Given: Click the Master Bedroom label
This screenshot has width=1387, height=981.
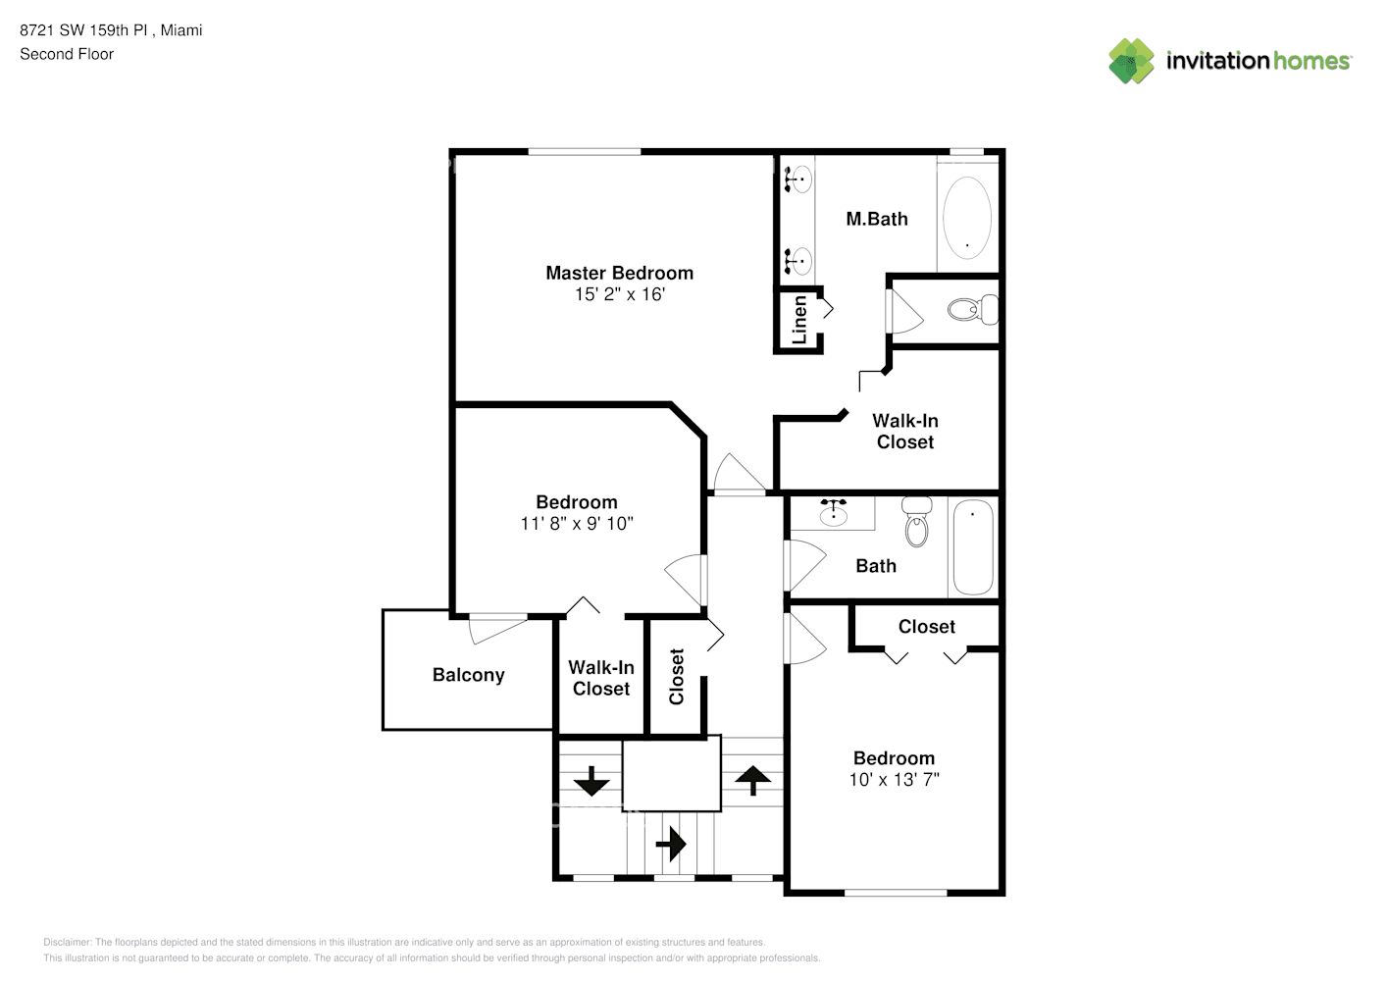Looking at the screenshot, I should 619,273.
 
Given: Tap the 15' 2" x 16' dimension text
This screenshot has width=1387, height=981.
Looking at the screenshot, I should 619,294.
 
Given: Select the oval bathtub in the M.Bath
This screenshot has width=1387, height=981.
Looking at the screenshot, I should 966,218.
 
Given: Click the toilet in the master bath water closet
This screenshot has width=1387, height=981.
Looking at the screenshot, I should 972,310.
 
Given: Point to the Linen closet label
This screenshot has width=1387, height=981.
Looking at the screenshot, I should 799,320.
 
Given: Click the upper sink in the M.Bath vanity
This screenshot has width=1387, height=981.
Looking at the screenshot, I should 798,180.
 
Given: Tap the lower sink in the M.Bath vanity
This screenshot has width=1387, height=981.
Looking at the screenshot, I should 798,261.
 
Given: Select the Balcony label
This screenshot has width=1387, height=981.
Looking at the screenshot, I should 468,675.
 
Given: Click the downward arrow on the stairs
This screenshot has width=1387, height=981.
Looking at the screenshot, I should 591,782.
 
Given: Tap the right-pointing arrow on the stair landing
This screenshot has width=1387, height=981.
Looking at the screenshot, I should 671,844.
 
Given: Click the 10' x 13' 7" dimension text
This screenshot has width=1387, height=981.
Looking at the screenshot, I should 894,780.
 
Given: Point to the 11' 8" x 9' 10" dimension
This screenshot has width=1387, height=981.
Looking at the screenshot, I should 577,524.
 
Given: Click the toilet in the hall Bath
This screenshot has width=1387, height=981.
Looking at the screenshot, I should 917,522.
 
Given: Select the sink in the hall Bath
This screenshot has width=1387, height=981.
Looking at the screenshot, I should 834,513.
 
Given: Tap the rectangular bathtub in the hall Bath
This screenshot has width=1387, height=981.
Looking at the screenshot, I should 973,547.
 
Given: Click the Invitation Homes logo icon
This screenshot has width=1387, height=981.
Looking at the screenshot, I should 1131,61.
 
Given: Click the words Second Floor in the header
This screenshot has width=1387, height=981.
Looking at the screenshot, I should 67,54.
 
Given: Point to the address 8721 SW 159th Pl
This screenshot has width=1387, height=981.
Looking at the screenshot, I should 84,30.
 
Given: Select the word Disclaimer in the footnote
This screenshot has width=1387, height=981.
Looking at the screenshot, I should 67,942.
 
